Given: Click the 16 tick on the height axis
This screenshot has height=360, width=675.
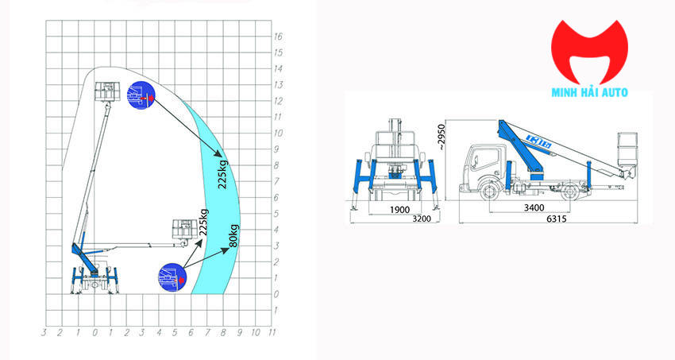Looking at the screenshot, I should tap(278, 37).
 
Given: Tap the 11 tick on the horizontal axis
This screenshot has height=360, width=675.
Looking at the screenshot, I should tap(272, 333).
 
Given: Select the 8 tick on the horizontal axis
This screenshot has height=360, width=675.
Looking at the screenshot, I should tap(224, 333).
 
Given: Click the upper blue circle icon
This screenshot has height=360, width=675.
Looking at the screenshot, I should tap(140, 97).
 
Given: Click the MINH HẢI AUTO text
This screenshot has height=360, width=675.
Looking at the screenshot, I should tap(589, 92).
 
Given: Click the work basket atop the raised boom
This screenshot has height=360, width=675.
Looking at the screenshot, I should tap(105, 91).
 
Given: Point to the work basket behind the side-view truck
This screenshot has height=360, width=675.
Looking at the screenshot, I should tap(627, 150).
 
